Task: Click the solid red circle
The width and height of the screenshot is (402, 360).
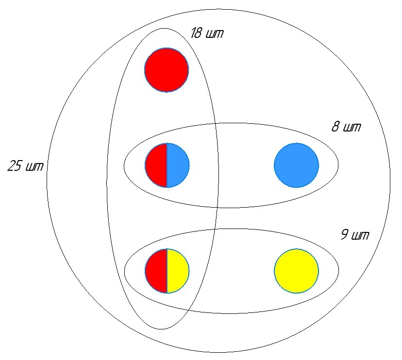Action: [x=166, y=70]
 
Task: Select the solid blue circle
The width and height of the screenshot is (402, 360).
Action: [x=296, y=165]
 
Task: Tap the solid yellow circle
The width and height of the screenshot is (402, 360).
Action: [x=296, y=271]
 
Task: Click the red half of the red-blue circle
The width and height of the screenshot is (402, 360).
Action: [x=156, y=165]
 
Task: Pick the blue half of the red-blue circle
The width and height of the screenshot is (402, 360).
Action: [x=178, y=165]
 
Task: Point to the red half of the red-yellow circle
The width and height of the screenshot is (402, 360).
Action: [x=156, y=271]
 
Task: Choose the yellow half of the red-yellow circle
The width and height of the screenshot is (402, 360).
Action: [x=178, y=271]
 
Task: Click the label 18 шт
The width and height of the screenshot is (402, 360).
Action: [x=207, y=34]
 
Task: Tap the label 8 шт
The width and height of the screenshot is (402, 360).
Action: [x=346, y=128]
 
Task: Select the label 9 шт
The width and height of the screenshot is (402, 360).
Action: [x=354, y=236]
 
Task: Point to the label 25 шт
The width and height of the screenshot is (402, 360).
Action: [x=25, y=166]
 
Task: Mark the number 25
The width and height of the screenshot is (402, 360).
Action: [x=15, y=166]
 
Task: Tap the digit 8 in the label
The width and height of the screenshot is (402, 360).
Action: [x=335, y=128]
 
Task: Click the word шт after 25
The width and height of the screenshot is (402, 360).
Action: [x=35, y=167]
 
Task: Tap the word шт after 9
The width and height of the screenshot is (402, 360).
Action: [x=362, y=236]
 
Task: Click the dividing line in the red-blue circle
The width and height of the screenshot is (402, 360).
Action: [x=167, y=165]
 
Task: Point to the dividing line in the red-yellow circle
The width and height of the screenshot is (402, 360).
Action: [x=167, y=271]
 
